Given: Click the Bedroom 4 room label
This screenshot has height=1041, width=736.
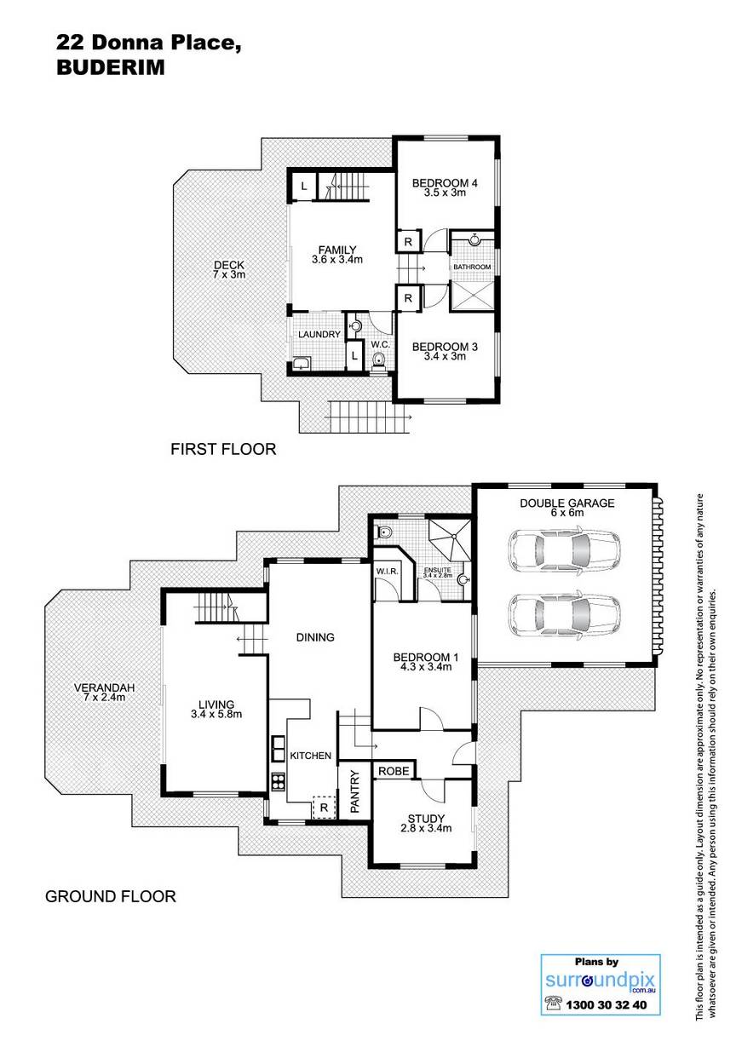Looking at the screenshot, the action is (x=445, y=187).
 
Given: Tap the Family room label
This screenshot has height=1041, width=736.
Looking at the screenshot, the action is (x=336, y=255).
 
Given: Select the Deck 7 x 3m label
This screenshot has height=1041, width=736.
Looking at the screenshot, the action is (x=229, y=269).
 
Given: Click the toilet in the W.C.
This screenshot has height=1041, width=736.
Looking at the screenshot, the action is (x=379, y=360).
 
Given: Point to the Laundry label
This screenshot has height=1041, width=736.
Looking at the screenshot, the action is (x=319, y=335).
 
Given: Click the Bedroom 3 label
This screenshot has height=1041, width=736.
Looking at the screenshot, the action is (x=445, y=351).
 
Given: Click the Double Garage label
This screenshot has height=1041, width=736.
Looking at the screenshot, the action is (x=566, y=508).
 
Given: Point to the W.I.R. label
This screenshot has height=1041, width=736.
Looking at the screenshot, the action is (x=387, y=571).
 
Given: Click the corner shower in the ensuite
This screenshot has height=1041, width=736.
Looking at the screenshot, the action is (x=449, y=539).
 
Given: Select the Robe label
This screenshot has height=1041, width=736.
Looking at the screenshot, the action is (x=394, y=771).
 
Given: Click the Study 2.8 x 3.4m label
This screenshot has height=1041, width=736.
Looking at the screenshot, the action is (x=426, y=823).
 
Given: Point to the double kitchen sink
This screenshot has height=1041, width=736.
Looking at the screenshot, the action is (x=278, y=749).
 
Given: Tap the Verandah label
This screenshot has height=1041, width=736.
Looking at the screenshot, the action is (x=104, y=692).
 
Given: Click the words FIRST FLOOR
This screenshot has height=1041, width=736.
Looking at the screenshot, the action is (x=223, y=449).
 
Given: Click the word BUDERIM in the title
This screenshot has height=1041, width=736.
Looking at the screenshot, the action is (x=111, y=68).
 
